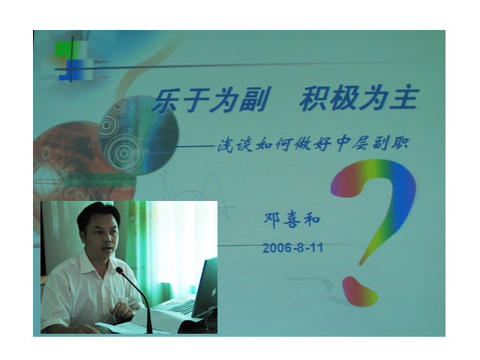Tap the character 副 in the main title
click(x=254, y=100)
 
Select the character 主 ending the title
click(x=404, y=98)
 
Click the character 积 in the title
click(x=314, y=99)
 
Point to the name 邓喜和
click(x=292, y=219)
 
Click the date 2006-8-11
click(x=293, y=247)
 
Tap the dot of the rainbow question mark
click(x=359, y=292)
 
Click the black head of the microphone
click(x=120, y=271)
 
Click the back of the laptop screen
click(x=205, y=287)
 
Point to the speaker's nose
click(x=106, y=239)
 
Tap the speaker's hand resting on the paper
click(x=121, y=310)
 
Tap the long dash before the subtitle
click(x=195, y=147)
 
